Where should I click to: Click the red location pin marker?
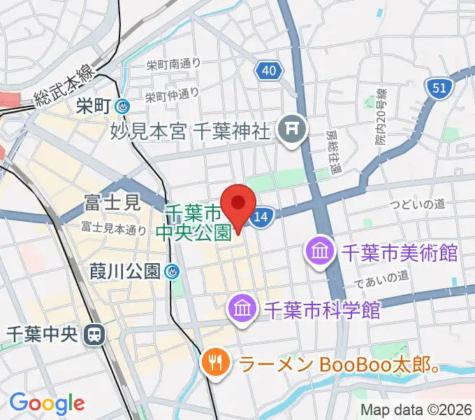(x=238, y=205)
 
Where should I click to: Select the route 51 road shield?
(x=439, y=88)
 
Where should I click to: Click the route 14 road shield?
(x=261, y=217)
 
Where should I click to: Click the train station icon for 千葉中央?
(x=92, y=335)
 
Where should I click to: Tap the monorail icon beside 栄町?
(x=123, y=106)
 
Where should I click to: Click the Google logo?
(x=47, y=403)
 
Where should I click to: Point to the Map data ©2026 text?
(x=416, y=410)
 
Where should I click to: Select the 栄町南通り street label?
(x=173, y=64)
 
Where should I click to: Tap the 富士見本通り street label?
(x=113, y=227)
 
